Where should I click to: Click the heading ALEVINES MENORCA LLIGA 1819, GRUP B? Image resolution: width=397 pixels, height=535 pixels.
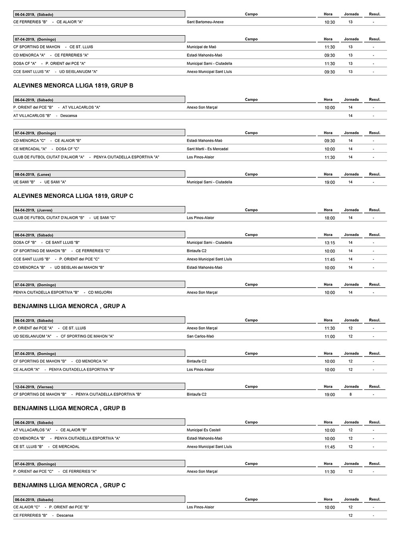tap(73, 86)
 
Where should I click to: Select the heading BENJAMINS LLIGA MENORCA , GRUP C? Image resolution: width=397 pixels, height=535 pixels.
tap(69, 485)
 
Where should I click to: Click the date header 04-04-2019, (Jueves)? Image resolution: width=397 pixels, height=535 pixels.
tap(34, 210)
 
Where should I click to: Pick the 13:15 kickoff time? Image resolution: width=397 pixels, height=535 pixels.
tap(330, 243)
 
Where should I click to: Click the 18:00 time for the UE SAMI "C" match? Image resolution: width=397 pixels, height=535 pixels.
tap(330, 218)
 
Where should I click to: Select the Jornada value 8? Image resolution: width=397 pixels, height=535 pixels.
tap(351, 395)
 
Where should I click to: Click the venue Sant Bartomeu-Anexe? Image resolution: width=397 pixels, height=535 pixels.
tap(205, 22)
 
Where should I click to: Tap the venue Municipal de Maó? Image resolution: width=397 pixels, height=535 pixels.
tap(201, 47)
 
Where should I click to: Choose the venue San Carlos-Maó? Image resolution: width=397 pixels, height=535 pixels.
tap(200, 336)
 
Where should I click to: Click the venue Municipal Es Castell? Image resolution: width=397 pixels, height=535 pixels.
tap(204, 430)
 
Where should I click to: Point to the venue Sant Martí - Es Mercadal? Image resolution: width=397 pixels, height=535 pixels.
tap(208, 149)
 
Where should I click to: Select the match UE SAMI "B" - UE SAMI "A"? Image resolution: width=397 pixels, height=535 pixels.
tap(40, 182)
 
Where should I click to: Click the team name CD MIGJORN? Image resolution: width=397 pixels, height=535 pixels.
tap(100, 293)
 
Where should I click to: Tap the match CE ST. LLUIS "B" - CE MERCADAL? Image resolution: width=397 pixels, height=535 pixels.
tap(46, 447)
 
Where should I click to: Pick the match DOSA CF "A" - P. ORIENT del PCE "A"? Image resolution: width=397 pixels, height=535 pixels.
tap(49, 63)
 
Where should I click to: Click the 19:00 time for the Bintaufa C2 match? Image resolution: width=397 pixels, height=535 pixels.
tap(330, 395)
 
